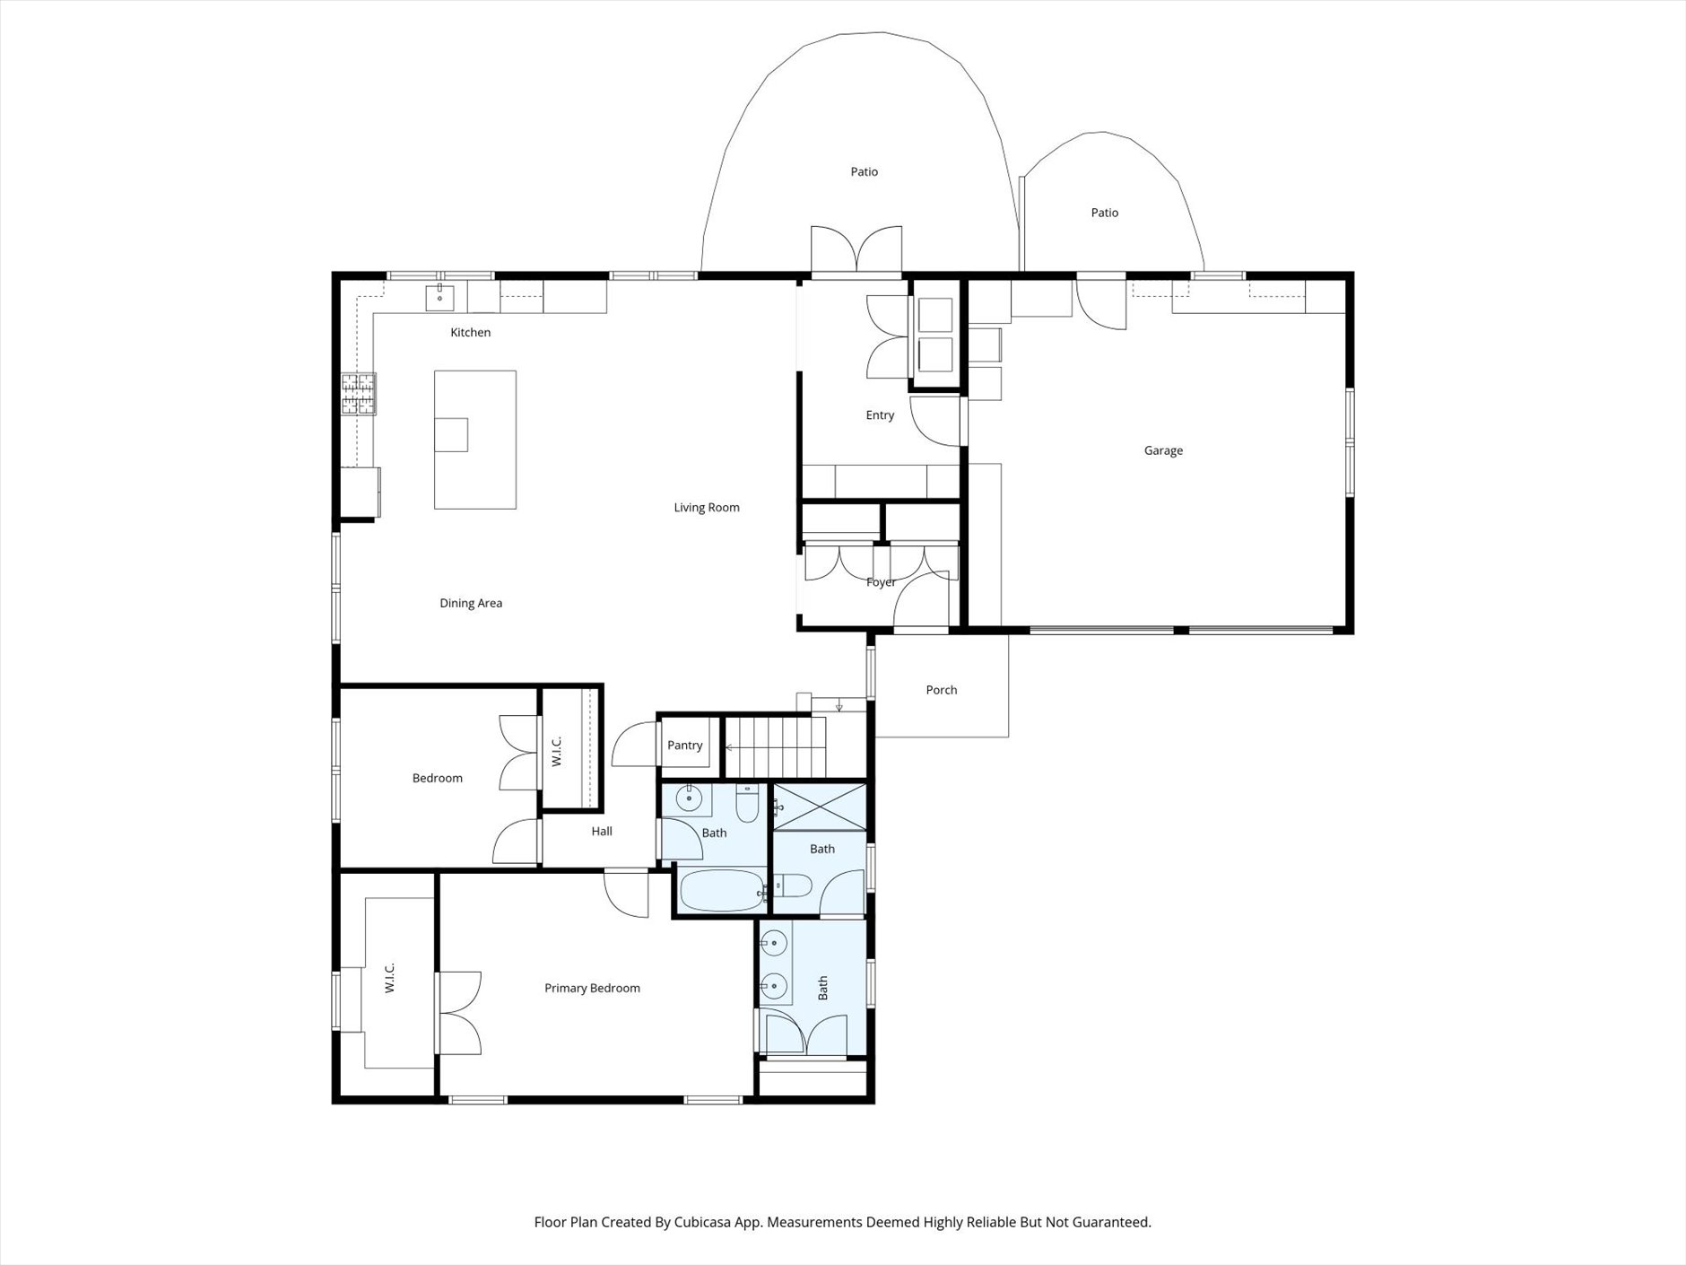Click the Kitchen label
pos(470,333)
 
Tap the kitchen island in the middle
pos(474,440)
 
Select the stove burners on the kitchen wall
pos(359,394)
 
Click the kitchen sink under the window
pos(439,297)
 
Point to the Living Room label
pos(707,508)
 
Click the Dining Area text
pos(471,604)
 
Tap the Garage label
pos(1163,451)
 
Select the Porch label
pos(942,690)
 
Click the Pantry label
pos(684,746)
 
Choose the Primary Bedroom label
pos(592,989)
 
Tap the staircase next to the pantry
pos(776,746)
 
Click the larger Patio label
pos(865,172)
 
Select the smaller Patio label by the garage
pos(1104,214)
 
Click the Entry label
pos(880,415)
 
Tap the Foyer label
pos(881,582)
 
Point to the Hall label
pos(602,832)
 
